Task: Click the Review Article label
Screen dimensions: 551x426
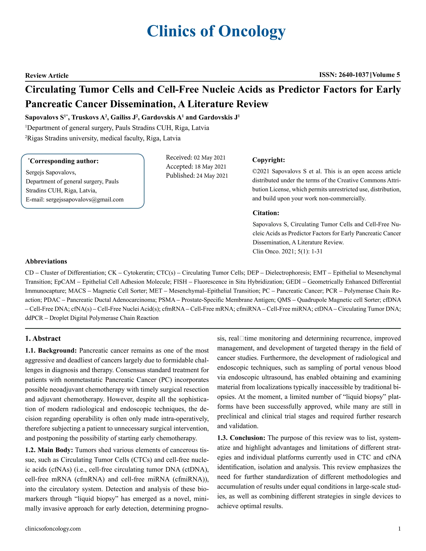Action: pyautogui.click(x=47, y=75)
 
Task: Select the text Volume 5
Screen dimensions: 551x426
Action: pyautogui.click(x=386, y=75)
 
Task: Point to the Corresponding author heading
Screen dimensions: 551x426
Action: pyautogui.click(x=64, y=161)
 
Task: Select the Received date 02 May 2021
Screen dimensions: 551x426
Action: pyautogui.click(x=209, y=158)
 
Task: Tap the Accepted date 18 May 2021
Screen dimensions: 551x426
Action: pyautogui.click(x=210, y=167)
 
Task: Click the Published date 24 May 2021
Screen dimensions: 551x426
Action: pyautogui.click(x=212, y=176)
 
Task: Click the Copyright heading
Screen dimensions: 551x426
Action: pyautogui.click(x=269, y=160)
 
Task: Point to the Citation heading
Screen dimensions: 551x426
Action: pyautogui.click(x=266, y=213)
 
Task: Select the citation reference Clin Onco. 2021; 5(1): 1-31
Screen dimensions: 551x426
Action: pyautogui.click(x=287, y=251)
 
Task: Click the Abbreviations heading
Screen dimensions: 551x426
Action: pyautogui.click(x=46, y=261)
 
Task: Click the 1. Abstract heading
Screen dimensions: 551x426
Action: pyautogui.click(x=43, y=339)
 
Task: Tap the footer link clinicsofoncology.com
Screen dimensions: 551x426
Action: pyautogui.click(x=53, y=529)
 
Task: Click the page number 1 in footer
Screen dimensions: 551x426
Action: pyautogui.click(x=399, y=529)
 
